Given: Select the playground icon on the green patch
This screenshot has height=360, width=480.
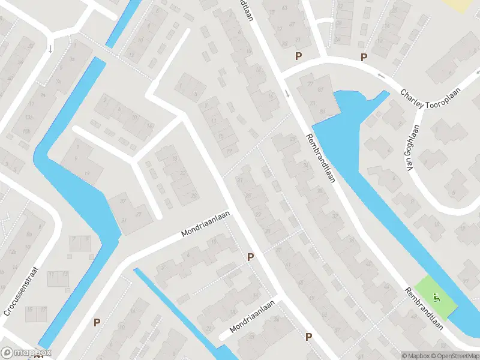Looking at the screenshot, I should click(436, 296).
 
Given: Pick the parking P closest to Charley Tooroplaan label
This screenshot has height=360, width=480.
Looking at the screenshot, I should click(363, 57).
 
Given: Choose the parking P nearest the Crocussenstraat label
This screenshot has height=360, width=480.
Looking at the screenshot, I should click(97, 322).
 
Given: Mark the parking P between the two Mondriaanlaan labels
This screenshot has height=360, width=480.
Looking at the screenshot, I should click(251, 257).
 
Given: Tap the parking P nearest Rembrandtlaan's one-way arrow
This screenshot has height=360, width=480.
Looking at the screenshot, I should click(298, 56).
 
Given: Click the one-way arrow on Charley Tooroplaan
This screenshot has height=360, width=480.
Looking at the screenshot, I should click(381, 76).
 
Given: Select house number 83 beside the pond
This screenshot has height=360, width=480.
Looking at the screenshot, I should click(323, 111).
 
